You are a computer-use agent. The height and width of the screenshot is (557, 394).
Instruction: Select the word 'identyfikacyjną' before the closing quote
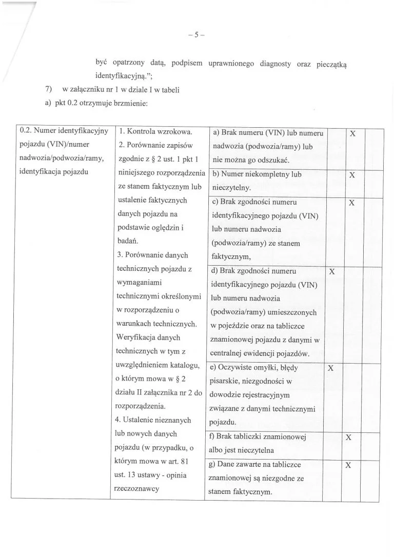click(123, 76)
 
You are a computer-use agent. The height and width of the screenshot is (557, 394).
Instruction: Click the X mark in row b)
click(352, 175)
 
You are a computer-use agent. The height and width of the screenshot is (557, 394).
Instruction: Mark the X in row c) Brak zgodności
click(352, 203)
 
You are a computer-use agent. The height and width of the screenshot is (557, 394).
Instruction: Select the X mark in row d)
click(331, 271)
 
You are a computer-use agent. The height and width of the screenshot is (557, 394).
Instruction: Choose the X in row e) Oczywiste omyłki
click(331, 368)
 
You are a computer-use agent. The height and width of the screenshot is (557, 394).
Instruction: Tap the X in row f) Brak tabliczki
click(348, 437)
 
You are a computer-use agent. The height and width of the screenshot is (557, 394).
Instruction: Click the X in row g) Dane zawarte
click(348, 465)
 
